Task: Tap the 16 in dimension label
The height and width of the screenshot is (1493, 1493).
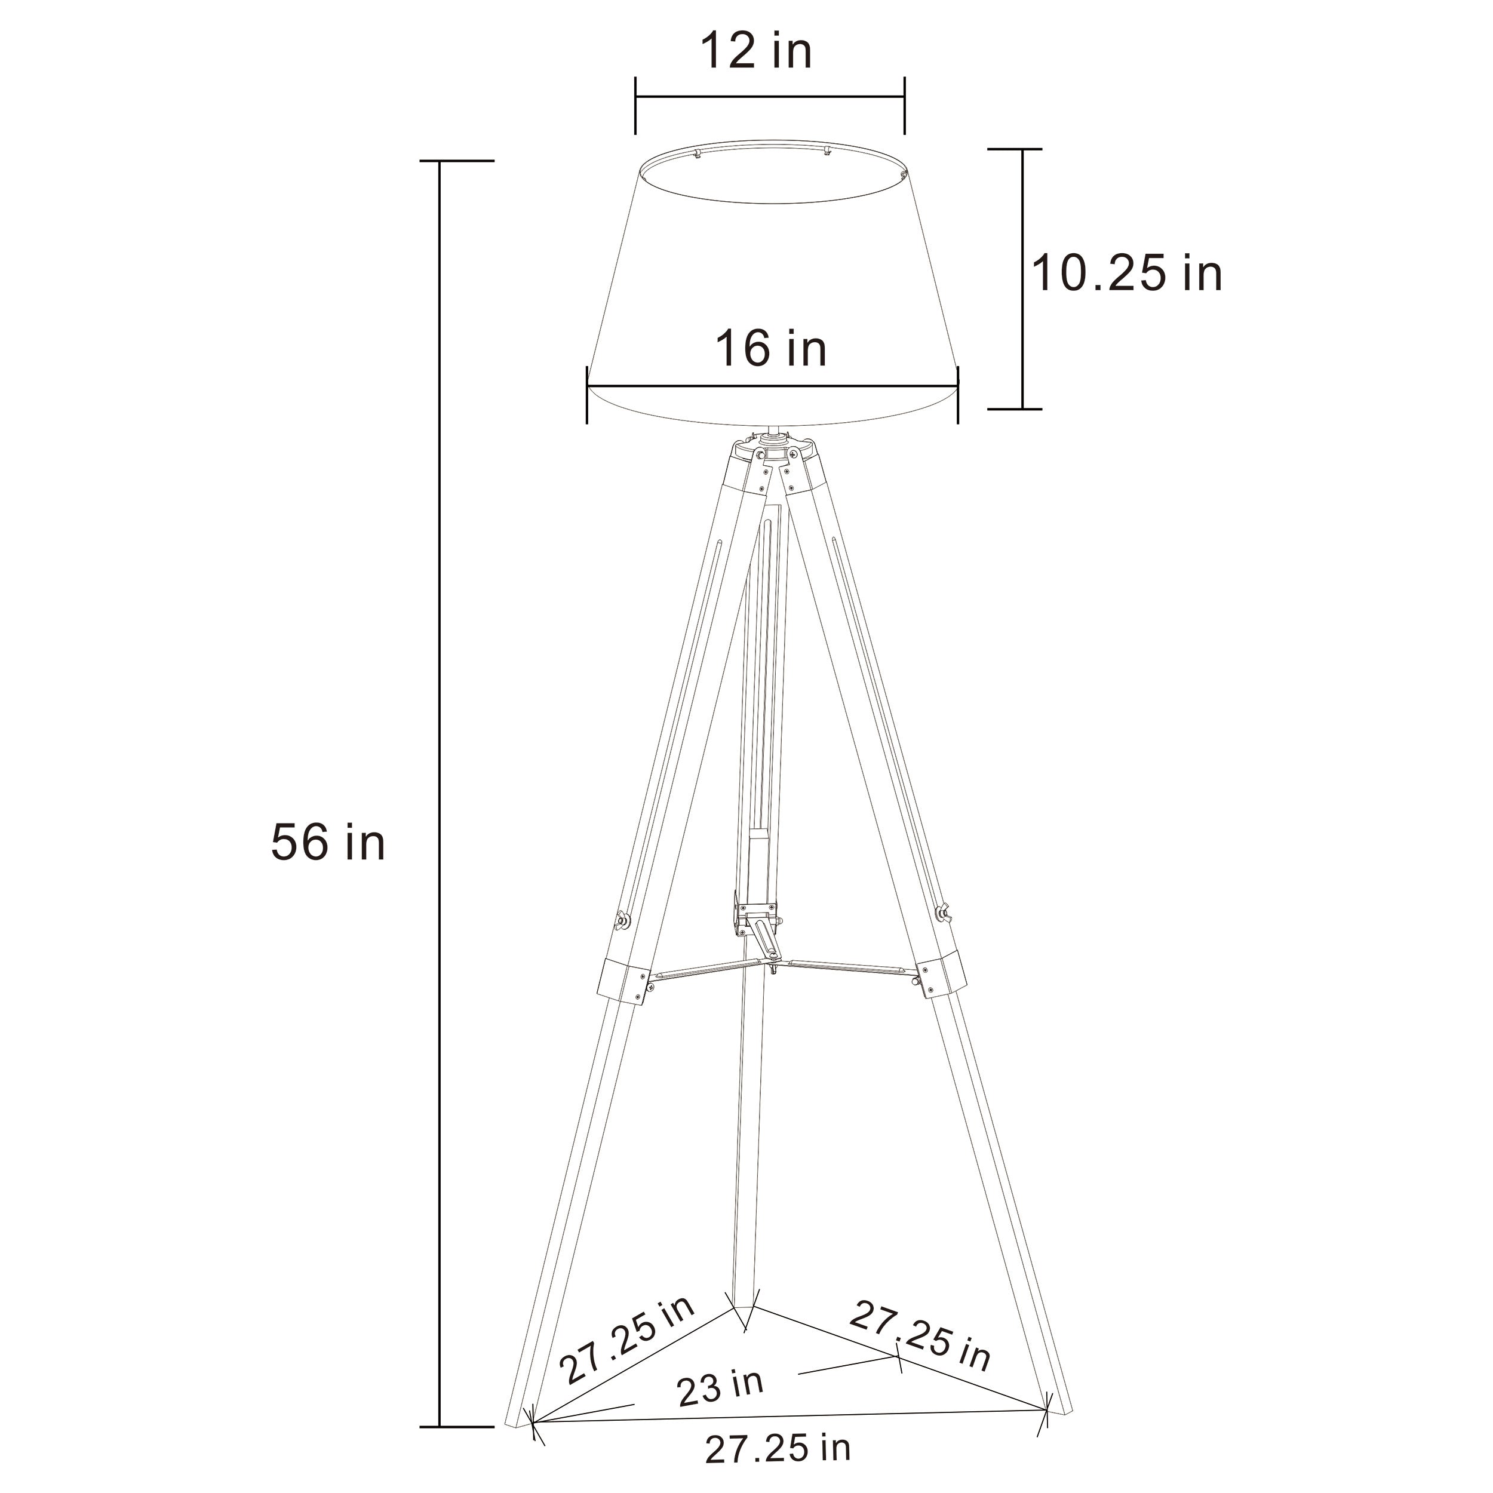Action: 771,349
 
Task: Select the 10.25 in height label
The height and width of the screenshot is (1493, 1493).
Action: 1128,274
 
